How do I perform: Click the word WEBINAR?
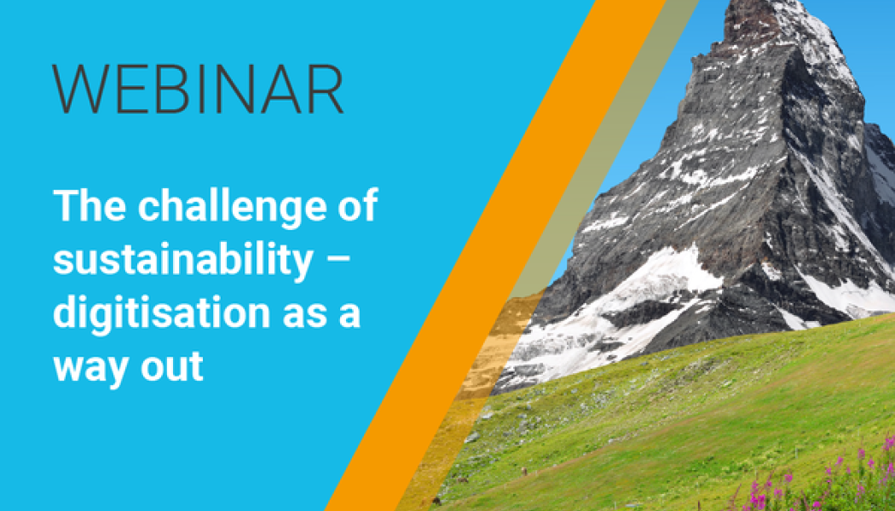pyautogui.click(x=198, y=89)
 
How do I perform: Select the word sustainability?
pyautogui.click(x=183, y=261)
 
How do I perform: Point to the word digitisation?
pyautogui.click(x=162, y=315)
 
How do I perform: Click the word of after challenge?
pyautogui.click(x=358, y=204)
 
